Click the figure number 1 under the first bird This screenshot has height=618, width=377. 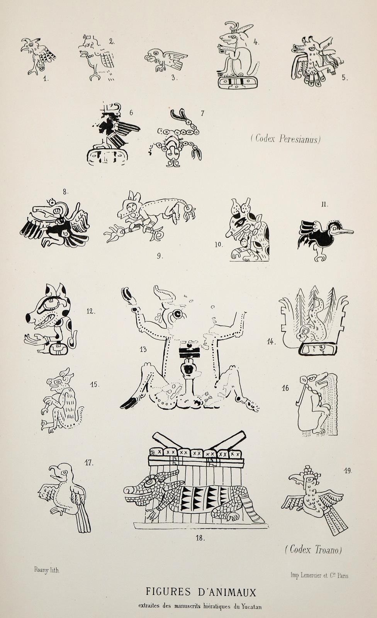pyautogui.click(x=46, y=79)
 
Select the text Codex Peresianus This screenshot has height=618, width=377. pyautogui.click(x=286, y=138)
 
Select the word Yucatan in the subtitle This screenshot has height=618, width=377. pyautogui.click(x=251, y=607)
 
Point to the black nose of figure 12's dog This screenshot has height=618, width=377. pyautogui.click(x=28, y=318)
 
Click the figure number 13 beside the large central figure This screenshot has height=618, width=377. pyautogui.click(x=143, y=349)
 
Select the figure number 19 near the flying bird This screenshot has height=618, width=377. pyautogui.click(x=348, y=471)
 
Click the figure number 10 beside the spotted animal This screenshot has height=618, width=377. pyautogui.click(x=219, y=244)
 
